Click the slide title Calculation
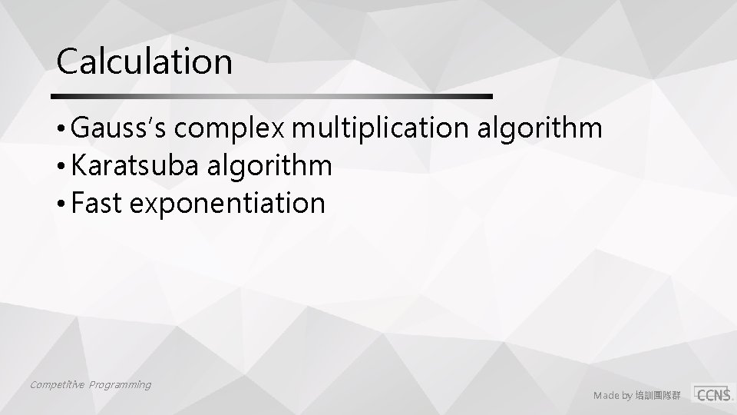coord(144,61)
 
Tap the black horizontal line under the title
coord(271,97)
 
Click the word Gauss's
coord(119,129)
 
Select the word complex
coord(231,129)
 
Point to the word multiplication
coord(382,129)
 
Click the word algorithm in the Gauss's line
coord(540,129)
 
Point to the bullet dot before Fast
coord(61,204)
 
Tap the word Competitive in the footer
coord(57,384)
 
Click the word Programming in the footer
coord(119,384)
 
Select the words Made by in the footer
coord(612,396)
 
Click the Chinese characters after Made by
coord(656,396)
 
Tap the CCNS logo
coord(713,393)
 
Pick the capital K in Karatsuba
coord(77,166)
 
